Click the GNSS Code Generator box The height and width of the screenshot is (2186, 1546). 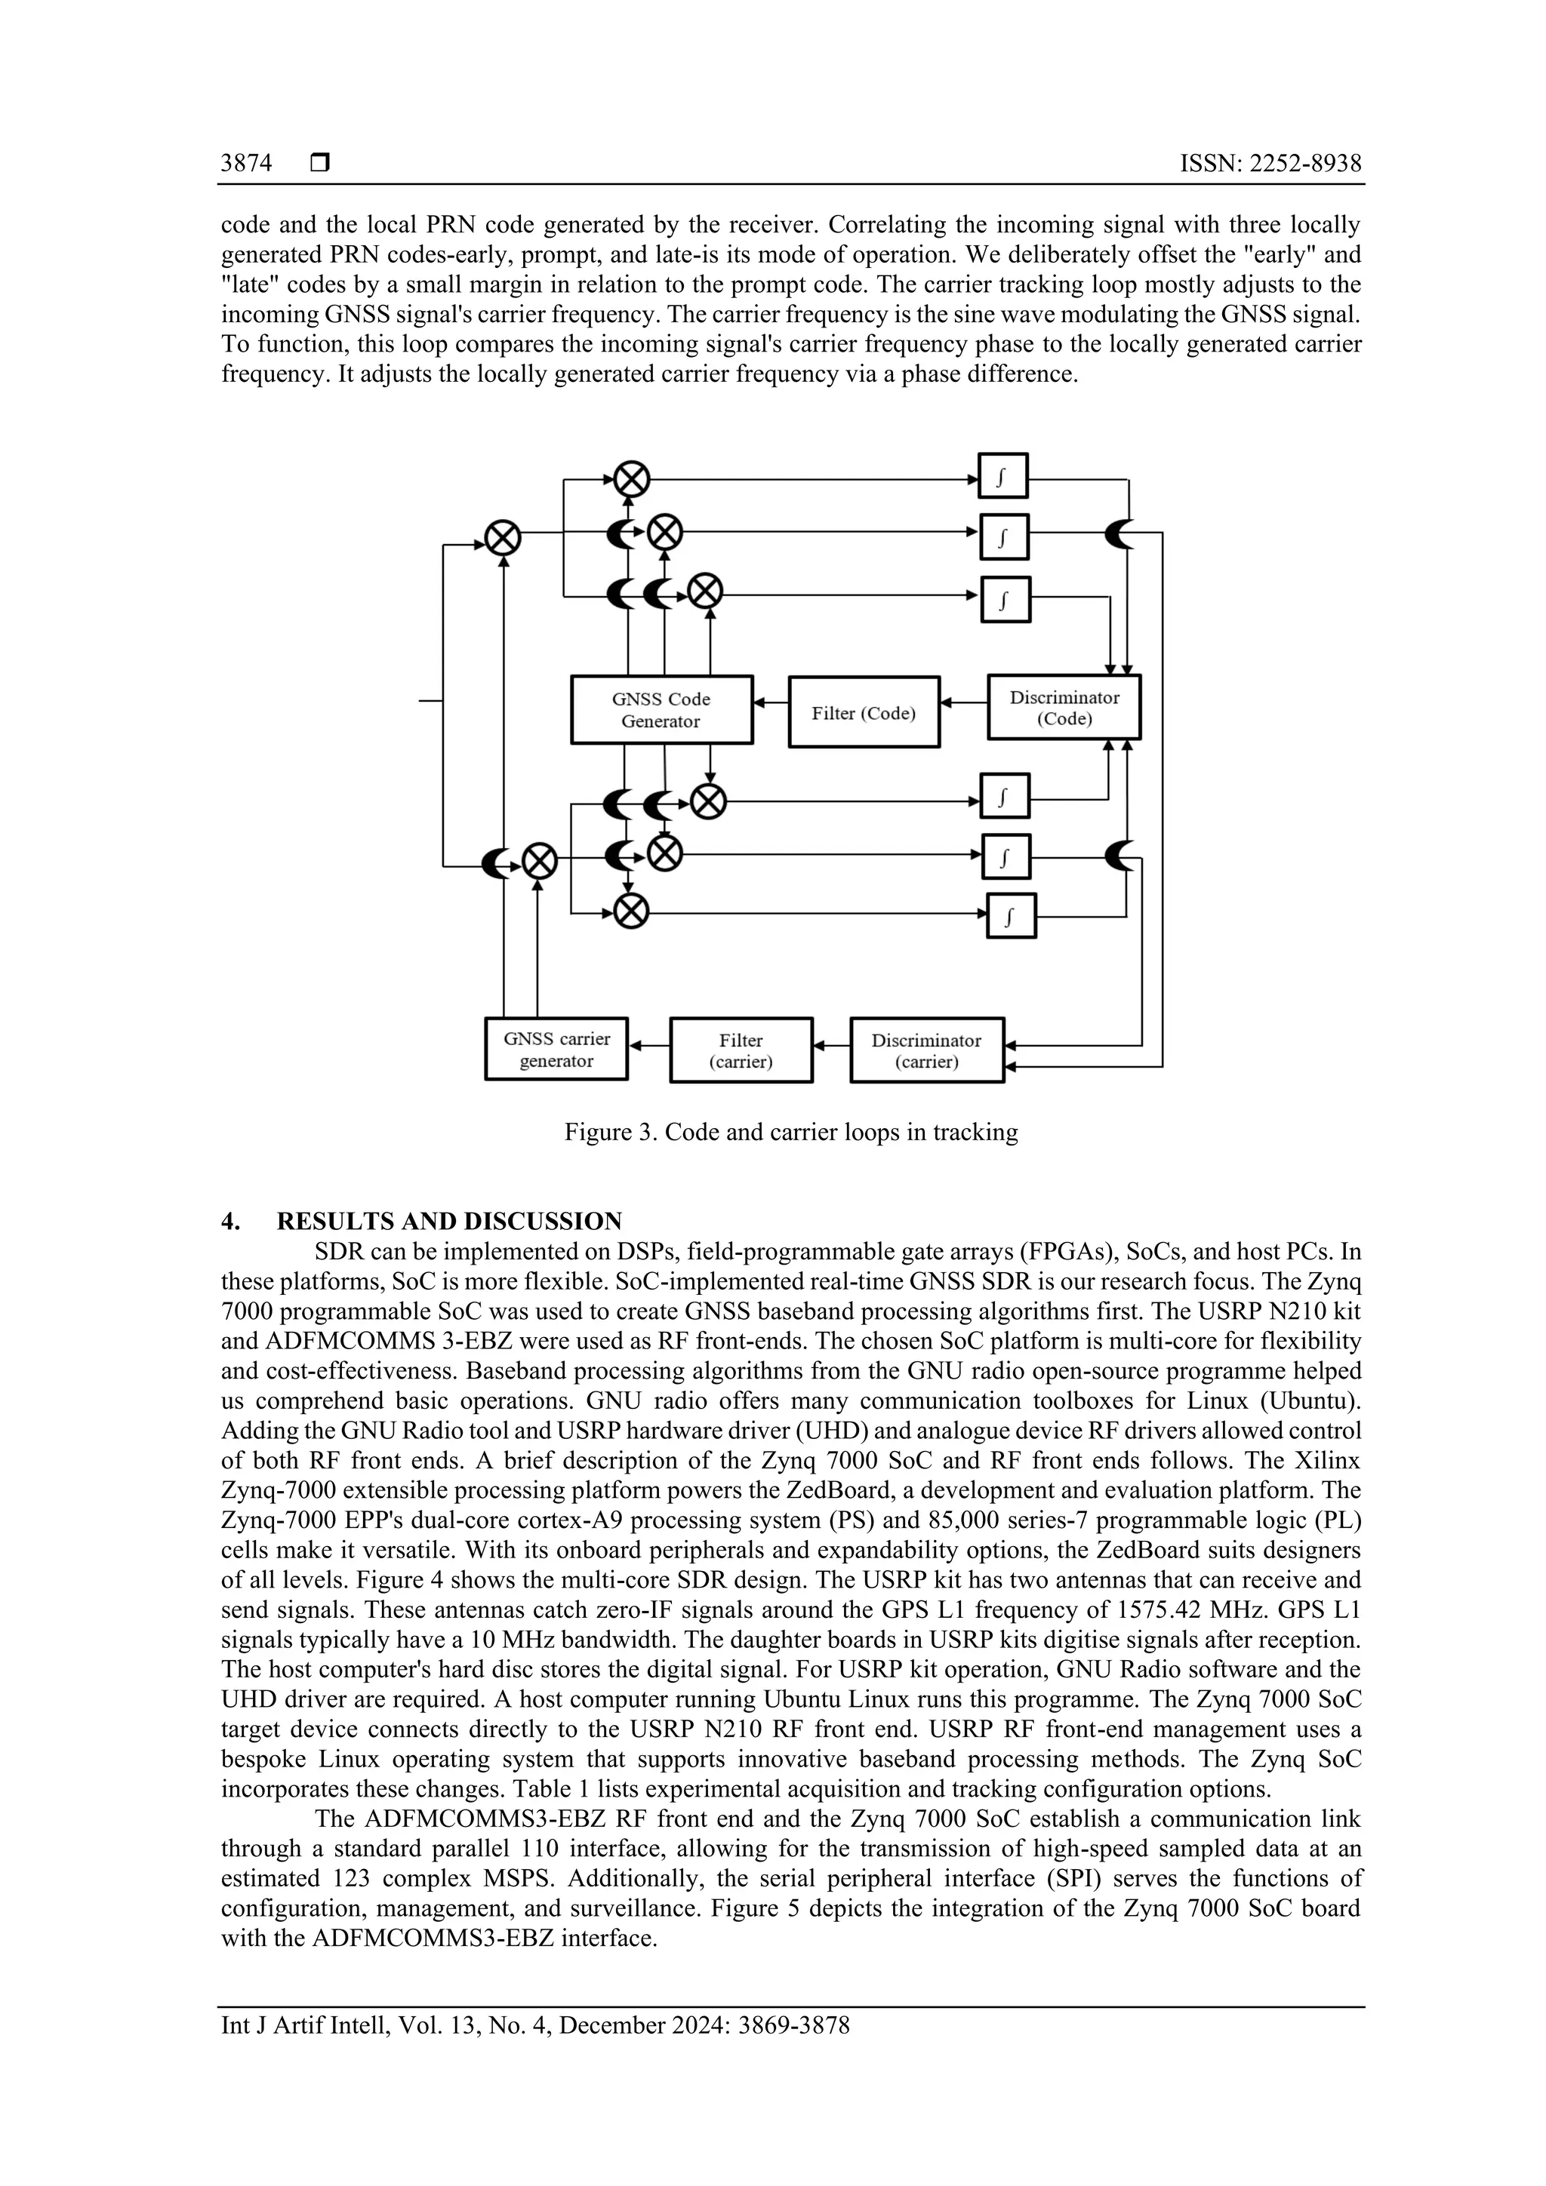pos(661,709)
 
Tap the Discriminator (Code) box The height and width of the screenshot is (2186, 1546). pos(1063,707)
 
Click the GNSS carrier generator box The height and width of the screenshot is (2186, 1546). pos(556,1049)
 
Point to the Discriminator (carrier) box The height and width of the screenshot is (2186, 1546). pos(926,1050)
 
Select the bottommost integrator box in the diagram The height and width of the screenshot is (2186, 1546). pos(1010,916)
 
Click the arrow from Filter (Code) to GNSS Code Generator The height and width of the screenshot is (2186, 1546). pos(771,703)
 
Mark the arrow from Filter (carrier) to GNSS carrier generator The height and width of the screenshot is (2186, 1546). pos(648,1045)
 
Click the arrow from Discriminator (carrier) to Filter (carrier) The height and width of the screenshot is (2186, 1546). pos(830,1045)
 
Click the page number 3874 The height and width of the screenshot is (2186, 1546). pos(246,163)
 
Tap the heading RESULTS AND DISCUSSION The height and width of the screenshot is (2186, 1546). pos(448,1222)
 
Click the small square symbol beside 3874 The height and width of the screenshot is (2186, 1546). pos(320,163)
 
